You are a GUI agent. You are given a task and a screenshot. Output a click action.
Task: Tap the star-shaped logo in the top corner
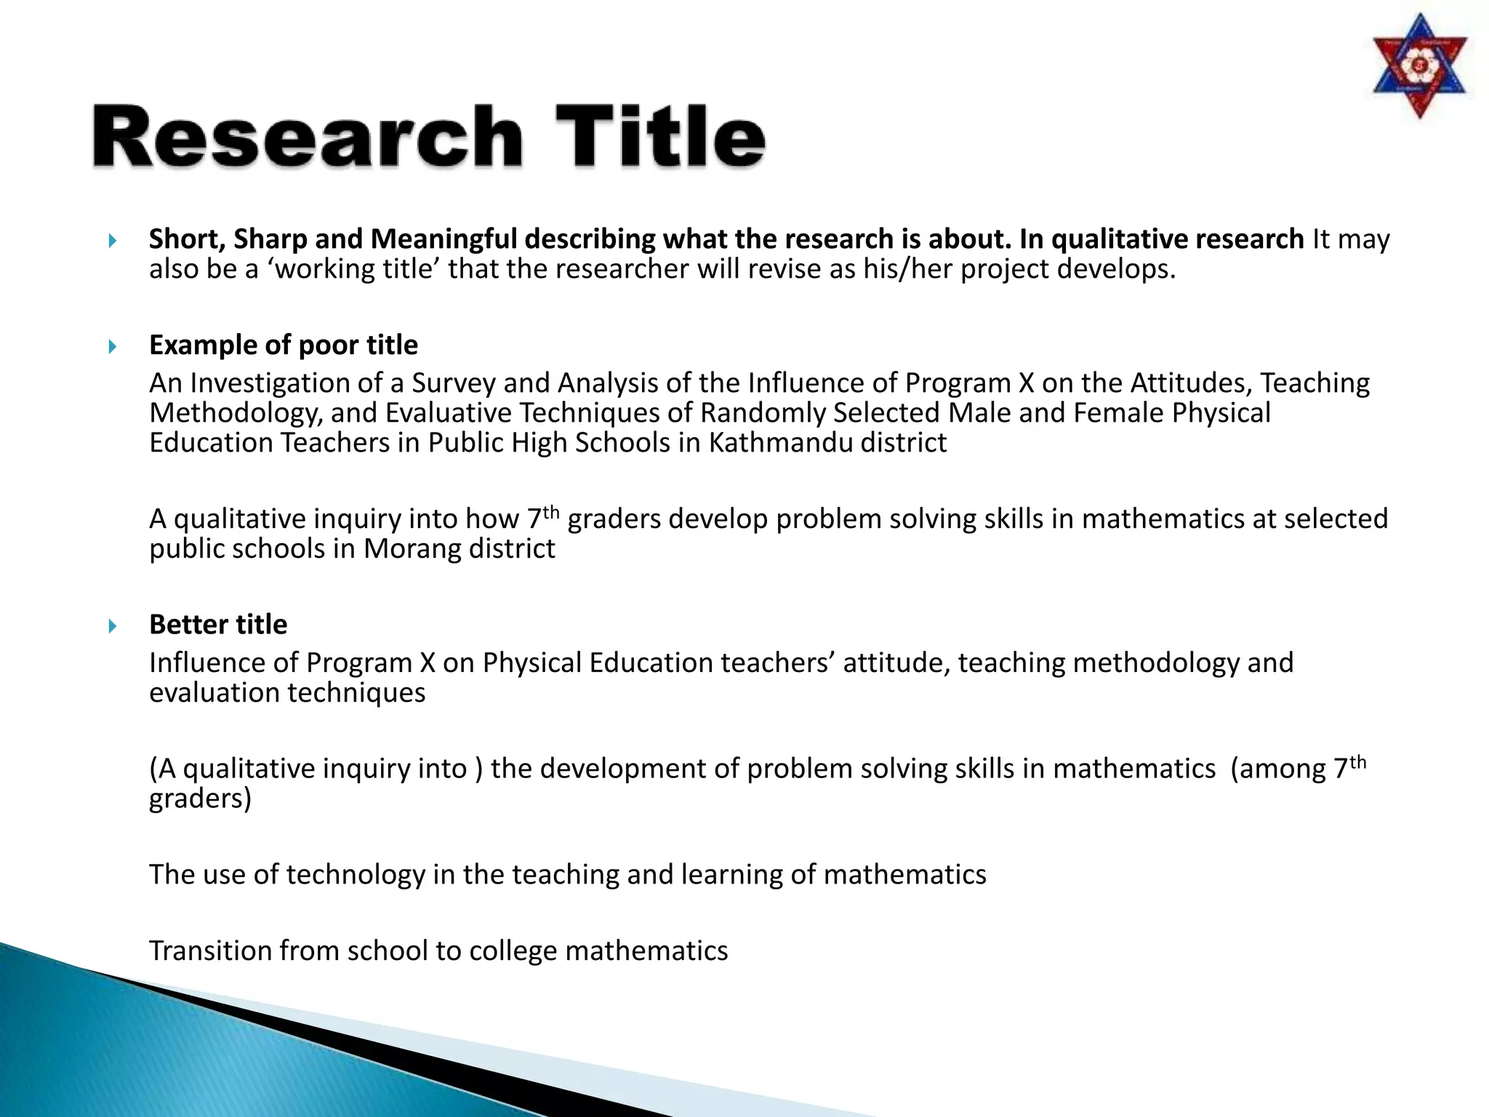[x=1419, y=67]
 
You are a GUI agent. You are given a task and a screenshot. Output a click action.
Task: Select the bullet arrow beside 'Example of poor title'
[x=113, y=346]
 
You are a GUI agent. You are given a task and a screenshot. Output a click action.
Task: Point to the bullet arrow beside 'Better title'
[x=113, y=625]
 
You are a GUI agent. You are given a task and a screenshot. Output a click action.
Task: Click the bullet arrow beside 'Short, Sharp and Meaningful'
[x=113, y=240]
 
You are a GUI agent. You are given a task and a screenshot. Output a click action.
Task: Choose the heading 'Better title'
[x=218, y=624]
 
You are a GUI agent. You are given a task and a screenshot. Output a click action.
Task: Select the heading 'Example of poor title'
[x=284, y=345]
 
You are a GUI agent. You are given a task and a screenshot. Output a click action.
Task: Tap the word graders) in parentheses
[x=200, y=798]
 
